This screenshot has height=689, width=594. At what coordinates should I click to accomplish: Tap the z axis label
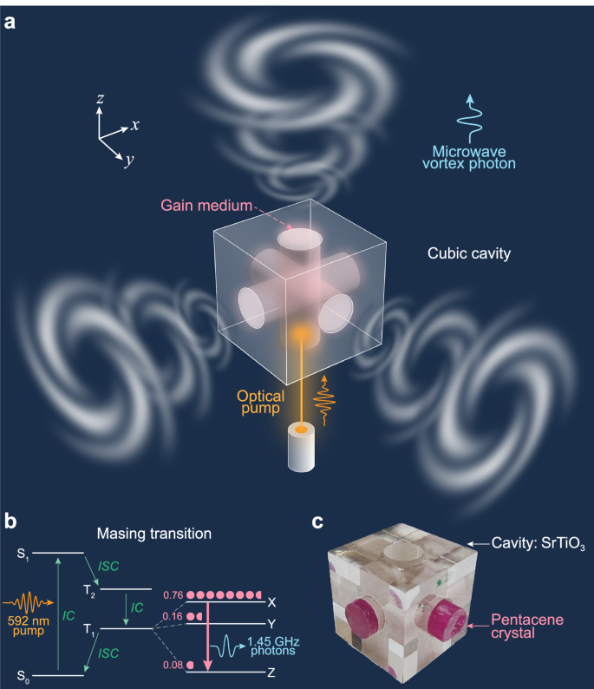[101, 100]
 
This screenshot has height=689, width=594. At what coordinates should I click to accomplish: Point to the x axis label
[135, 125]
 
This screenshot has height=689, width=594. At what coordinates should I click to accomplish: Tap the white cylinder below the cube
[300, 449]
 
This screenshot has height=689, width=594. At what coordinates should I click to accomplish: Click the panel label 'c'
[319, 522]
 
